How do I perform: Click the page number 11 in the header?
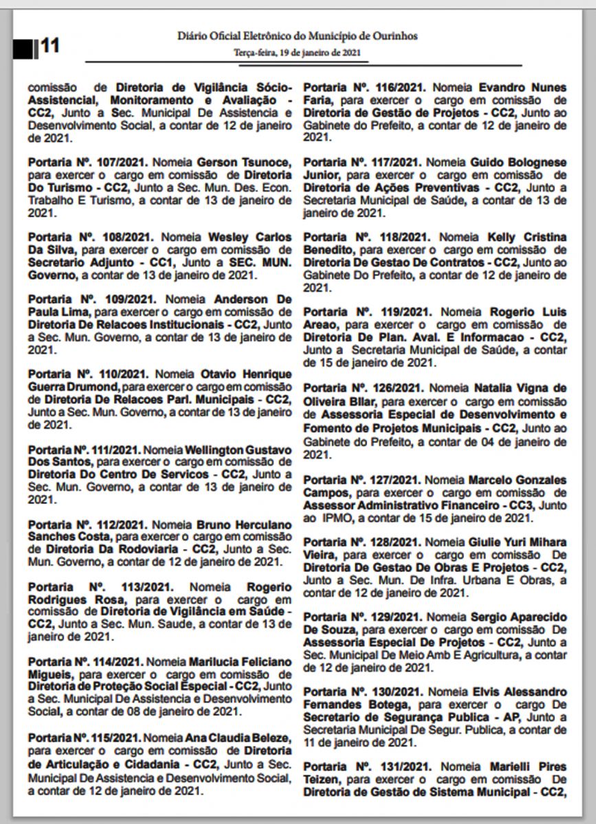click(x=50, y=46)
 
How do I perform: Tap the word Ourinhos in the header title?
click(x=392, y=36)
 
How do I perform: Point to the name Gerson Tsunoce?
click(x=236, y=163)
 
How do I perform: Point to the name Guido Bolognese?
click(x=518, y=162)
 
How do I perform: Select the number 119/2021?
click(x=395, y=312)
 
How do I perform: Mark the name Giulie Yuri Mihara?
click(x=518, y=542)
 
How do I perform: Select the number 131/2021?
click(x=395, y=766)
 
